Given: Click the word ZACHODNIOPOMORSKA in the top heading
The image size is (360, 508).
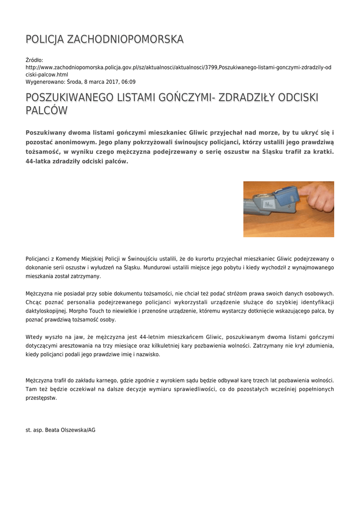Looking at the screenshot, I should point(125,39).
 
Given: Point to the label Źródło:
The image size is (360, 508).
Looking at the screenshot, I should point(34,60).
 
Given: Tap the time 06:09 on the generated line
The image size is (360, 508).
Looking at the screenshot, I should point(128,82).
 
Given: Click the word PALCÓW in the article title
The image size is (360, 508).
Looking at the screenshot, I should point(46,110).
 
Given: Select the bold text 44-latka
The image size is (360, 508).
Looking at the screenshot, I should point(38,161).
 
